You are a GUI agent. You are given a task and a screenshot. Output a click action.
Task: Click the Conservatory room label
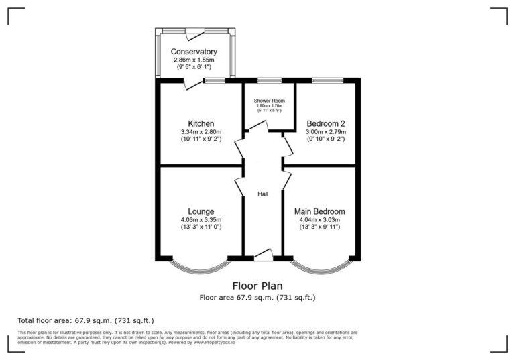click(x=194, y=52)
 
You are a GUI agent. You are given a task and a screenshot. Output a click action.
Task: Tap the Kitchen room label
click(x=201, y=123)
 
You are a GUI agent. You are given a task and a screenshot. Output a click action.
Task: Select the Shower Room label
click(x=269, y=101)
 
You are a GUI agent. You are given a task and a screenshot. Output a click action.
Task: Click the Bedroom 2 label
click(x=325, y=123)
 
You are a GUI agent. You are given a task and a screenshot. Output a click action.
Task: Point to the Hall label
click(x=264, y=194)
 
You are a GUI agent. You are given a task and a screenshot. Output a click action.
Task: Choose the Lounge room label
click(x=201, y=211)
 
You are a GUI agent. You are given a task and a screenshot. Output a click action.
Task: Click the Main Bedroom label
click(x=320, y=211)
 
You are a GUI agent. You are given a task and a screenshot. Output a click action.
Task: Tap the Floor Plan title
click(x=257, y=285)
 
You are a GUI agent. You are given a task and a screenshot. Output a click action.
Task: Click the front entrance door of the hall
click(x=263, y=255)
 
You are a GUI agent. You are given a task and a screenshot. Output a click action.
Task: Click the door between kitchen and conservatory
click(x=193, y=83)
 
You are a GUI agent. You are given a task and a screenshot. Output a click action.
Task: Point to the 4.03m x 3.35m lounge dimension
click(x=201, y=219)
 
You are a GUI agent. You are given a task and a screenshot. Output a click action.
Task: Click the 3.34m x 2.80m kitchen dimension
click(x=201, y=132)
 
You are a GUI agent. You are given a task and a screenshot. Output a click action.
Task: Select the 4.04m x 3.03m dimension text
click(x=320, y=219)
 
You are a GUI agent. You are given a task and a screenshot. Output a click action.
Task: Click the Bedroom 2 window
click(x=327, y=81)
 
